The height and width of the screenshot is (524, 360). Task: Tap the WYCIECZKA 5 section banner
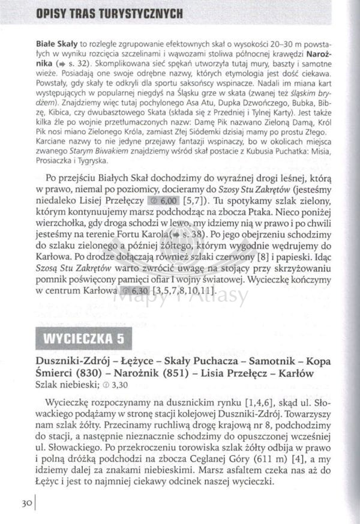point(81,338)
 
